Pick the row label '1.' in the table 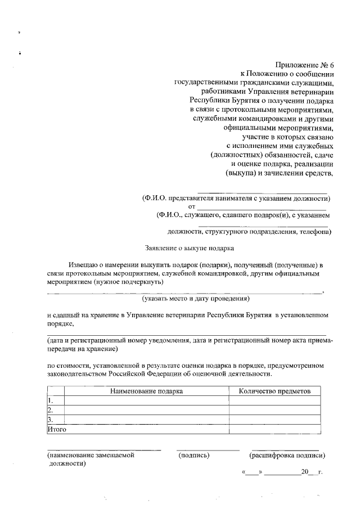point(50,401)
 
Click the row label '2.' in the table point(50,411)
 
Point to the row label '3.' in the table point(50,420)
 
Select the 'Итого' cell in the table point(56,430)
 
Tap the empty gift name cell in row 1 point(146,401)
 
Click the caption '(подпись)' point(193,456)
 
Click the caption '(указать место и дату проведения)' point(196,298)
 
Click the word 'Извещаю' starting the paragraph point(83,264)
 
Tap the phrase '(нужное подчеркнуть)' point(129,282)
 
